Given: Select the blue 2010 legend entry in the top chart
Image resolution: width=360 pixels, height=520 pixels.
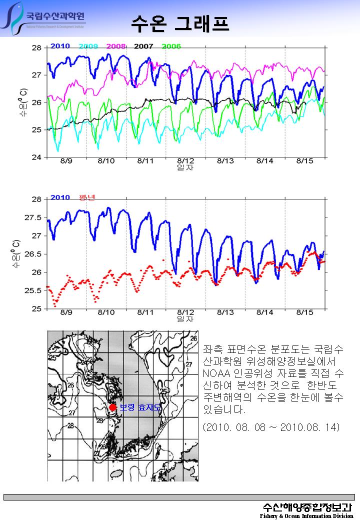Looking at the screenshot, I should point(60,46).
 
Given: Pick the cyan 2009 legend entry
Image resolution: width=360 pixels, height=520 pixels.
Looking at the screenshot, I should point(88,46).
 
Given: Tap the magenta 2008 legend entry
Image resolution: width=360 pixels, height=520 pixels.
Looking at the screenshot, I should point(115,46).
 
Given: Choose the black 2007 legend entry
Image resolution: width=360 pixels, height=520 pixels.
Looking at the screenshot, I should point(143,46).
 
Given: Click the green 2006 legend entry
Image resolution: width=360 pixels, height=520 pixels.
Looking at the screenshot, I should point(171,46).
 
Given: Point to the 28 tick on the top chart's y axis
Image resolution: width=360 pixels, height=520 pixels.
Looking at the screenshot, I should point(36,48).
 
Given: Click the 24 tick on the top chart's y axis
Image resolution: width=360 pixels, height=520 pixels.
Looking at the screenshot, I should point(36,157).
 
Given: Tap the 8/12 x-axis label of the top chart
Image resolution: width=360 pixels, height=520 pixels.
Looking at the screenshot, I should point(185,161).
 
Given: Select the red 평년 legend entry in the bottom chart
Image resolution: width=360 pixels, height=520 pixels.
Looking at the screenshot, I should point(87,197).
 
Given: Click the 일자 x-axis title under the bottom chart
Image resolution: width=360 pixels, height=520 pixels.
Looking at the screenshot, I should point(185,318).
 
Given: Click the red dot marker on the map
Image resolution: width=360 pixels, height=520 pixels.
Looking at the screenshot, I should point(113,407).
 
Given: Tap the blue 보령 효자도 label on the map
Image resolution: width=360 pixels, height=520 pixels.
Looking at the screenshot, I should point(140,407).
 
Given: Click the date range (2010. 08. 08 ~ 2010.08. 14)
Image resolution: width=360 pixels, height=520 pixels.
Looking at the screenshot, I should point(271,427).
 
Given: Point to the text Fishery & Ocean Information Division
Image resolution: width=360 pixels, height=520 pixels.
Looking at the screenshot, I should point(306,515).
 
